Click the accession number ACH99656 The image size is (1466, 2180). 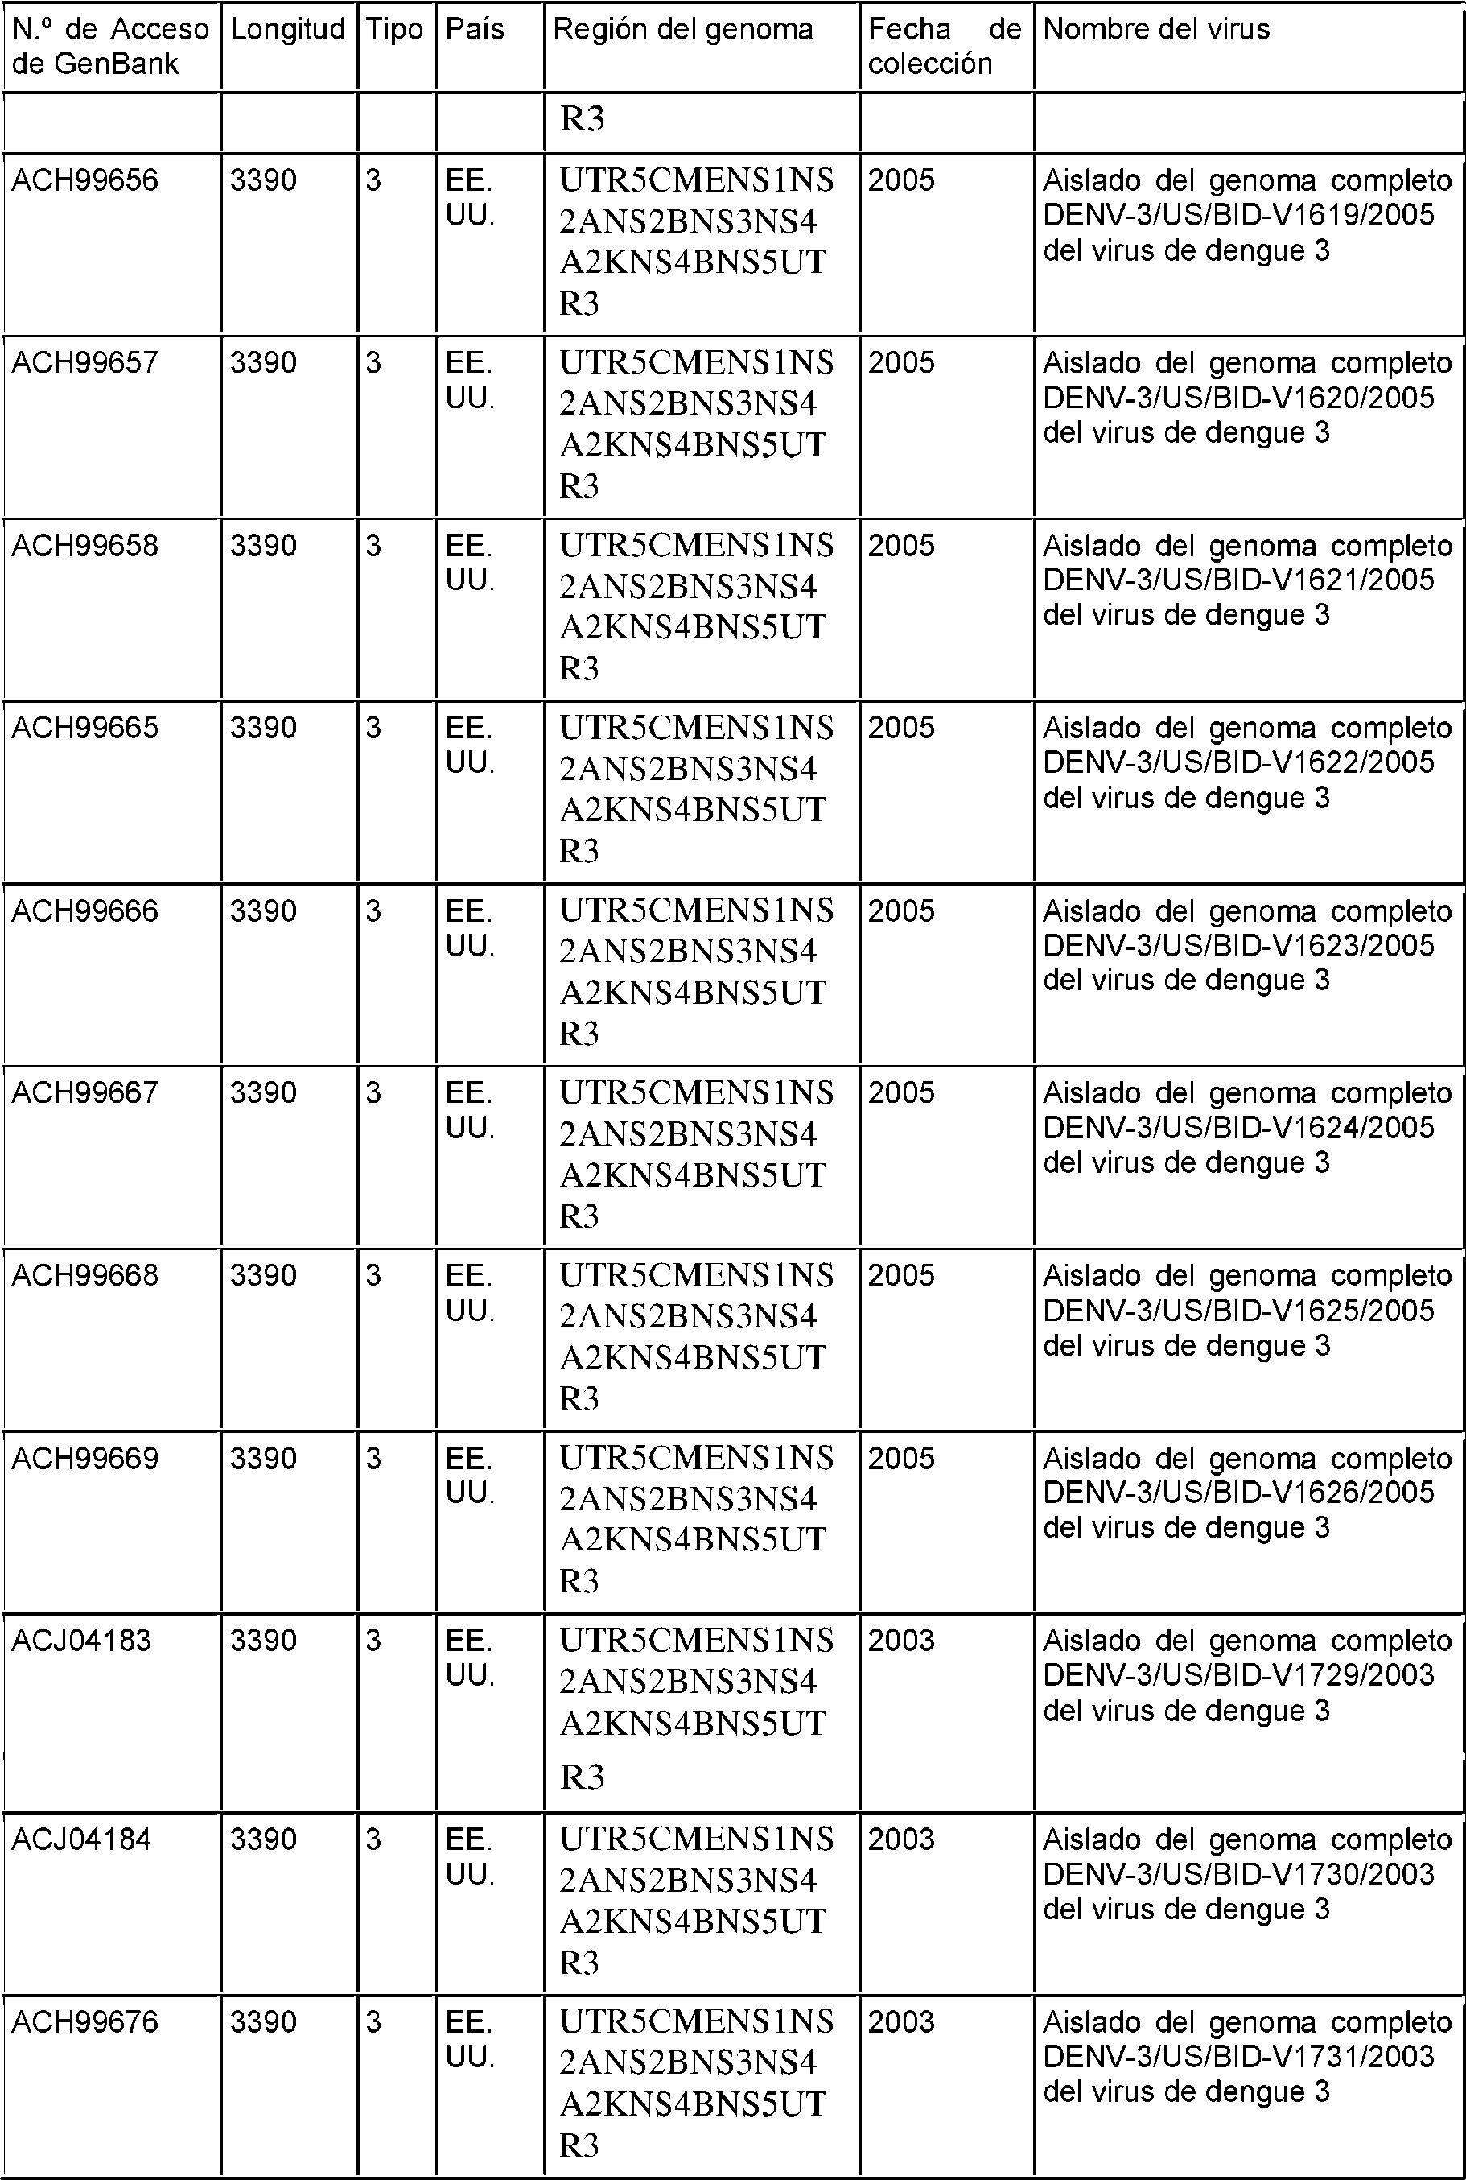click(x=84, y=180)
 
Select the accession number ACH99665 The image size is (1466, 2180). click(x=84, y=728)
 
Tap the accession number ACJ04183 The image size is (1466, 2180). click(x=81, y=1640)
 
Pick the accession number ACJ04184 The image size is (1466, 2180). click(x=81, y=1839)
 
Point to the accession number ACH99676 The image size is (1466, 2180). click(x=84, y=2021)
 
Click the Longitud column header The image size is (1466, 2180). click(x=287, y=30)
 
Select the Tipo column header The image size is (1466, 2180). click(x=394, y=30)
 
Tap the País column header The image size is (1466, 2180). click(x=475, y=30)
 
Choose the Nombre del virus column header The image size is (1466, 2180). click(x=1156, y=30)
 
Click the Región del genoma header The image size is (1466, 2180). click(x=682, y=30)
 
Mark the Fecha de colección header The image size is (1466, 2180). click(x=945, y=47)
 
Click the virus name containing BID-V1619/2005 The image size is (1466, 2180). click(x=1247, y=215)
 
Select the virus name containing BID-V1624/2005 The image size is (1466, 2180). click(x=1247, y=1128)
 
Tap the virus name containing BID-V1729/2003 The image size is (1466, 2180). click(x=1247, y=1675)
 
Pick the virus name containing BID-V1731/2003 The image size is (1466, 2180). click(x=1247, y=2057)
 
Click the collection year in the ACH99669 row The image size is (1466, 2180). click(x=900, y=1458)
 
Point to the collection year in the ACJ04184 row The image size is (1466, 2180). click(x=900, y=1839)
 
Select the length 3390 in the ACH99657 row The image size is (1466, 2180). click(x=264, y=363)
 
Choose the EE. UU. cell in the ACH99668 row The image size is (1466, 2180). click(x=469, y=1294)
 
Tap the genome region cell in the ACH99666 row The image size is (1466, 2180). click(x=697, y=971)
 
